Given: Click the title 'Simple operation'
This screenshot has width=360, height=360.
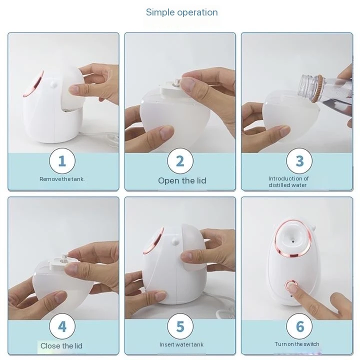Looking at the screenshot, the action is point(182,12).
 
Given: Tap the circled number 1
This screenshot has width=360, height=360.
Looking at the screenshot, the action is point(62,161).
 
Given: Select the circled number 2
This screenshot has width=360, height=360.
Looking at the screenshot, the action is point(180,161).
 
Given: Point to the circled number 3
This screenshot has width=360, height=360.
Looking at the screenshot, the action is point(299,161).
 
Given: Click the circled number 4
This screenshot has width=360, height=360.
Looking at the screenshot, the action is point(62,326).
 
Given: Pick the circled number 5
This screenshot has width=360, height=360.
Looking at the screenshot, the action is point(180,326).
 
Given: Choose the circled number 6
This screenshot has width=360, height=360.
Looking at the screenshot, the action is point(299,326).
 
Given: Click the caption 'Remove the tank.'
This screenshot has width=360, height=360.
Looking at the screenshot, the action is point(62,179).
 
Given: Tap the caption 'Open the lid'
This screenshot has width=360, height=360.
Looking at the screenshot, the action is point(182,180).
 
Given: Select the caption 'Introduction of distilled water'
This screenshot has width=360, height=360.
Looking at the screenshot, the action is point(288,182).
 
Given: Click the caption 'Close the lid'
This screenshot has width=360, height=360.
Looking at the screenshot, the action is point(61,346).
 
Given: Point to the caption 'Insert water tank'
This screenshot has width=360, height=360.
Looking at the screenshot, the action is point(181,344).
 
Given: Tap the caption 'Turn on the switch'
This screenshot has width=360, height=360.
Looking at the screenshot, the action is point(296,344).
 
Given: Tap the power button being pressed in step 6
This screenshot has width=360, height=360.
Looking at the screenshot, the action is point(291,286).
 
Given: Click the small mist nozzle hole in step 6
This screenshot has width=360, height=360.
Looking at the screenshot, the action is point(293,241).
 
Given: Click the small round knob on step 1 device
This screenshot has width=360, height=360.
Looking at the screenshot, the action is point(53,84).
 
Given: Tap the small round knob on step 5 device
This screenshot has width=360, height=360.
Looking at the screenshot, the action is point(175,241).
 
